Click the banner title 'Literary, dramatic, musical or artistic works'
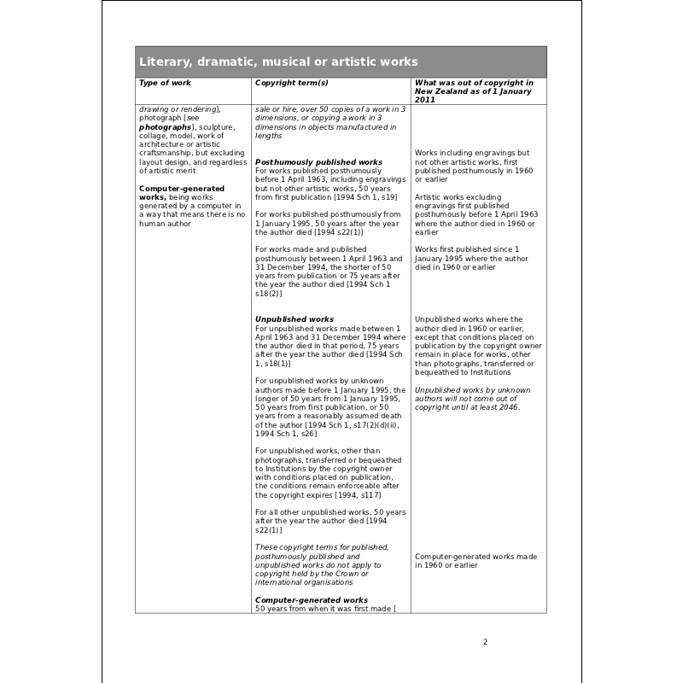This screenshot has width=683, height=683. tap(278, 61)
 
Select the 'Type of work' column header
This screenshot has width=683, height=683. tap(165, 83)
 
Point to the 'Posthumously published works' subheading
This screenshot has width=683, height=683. tap(318, 161)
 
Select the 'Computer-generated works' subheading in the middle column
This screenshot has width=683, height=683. tap(312, 600)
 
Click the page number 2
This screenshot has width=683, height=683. tap(485, 642)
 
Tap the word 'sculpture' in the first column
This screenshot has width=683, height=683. tap(205, 126)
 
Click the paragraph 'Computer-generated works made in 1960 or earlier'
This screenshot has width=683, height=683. tap(476, 560)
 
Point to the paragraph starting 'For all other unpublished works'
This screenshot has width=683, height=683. tap(330, 521)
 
